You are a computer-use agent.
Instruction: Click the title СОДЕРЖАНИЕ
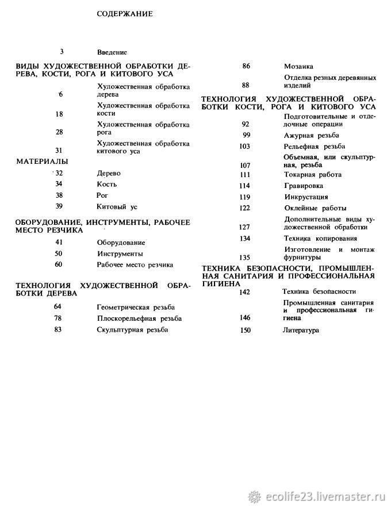(124, 13)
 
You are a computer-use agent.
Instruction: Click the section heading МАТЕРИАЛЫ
(42, 161)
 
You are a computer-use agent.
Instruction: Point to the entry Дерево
(109, 173)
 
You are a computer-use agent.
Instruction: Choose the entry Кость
(107, 184)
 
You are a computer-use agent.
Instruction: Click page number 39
(59, 206)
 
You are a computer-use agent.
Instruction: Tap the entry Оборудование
(121, 243)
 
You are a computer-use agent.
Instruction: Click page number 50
(59, 253)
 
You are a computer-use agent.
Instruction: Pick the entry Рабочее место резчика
(135, 265)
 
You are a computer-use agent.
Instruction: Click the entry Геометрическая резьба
(136, 308)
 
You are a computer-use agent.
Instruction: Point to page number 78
(58, 318)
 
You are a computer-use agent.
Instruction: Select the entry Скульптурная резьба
(133, 330)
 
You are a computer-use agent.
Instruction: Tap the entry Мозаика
(298, 66)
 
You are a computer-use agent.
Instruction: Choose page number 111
(246, 174)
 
